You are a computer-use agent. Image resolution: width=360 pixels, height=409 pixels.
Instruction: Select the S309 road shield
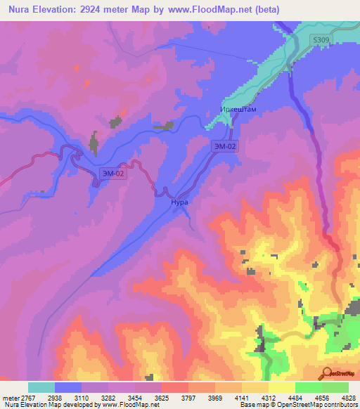[321, 41]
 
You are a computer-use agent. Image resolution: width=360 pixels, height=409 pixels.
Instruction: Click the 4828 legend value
[349, 397]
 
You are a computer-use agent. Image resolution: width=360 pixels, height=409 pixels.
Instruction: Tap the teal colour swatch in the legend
[41, 387]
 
